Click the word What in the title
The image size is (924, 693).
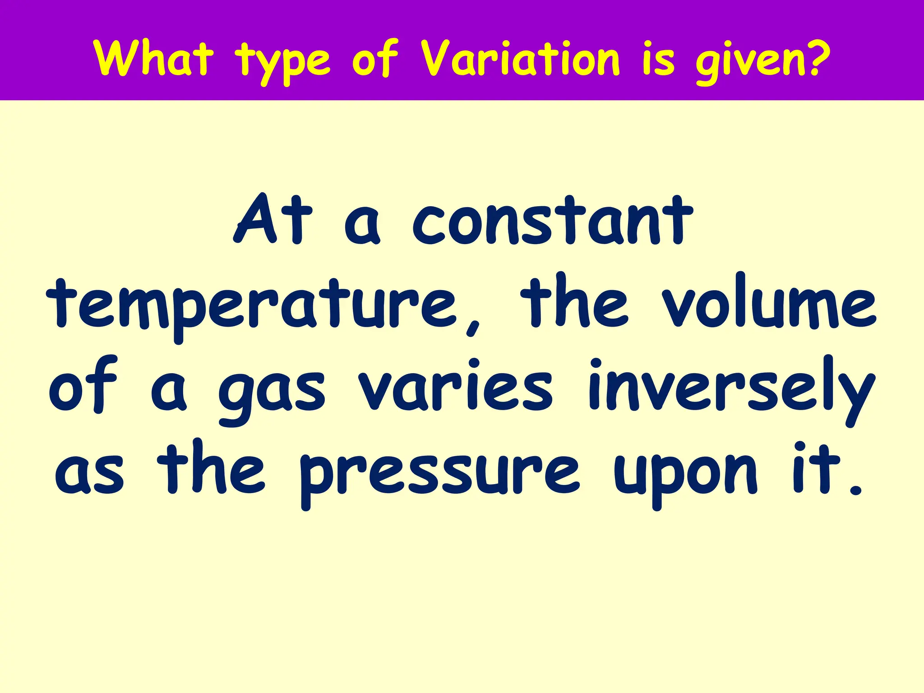click(x=153, y=59)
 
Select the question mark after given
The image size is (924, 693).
click(x=816, y=58)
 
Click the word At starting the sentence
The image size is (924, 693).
click(x=273, y=220)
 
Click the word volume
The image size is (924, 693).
click(x=769, y=302)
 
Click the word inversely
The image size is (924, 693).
click(x=731, y=388)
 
